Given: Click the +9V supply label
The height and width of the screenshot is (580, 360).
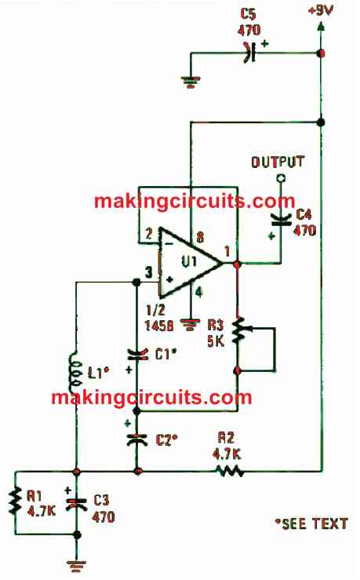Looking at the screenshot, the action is (321, 10).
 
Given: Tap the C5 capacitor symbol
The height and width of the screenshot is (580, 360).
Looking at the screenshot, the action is (250, 53).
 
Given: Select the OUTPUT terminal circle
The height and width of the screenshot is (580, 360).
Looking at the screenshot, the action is (281, 179).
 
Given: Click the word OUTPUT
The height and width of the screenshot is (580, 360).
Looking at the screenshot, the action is (278, 162).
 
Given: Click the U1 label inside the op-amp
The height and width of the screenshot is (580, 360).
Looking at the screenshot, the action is (189, 262).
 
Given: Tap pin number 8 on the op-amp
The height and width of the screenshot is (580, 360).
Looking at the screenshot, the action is (200, 237).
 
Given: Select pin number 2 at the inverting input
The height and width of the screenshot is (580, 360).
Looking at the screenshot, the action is (148, 234).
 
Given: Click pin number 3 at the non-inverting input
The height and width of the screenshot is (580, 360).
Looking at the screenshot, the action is (148, 272).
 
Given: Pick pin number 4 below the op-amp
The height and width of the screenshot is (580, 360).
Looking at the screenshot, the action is (199, 292).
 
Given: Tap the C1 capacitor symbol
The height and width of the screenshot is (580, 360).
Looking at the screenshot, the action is (137, 355).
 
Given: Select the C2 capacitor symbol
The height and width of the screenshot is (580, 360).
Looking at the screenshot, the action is (137, 439).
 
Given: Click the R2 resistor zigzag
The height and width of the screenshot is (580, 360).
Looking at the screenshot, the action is (229, 471).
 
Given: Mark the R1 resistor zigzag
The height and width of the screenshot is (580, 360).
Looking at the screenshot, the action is (15, 501).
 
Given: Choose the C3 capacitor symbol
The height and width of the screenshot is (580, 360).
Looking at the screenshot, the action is (77, 504).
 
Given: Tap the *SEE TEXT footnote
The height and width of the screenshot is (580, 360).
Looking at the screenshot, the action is (311, 523).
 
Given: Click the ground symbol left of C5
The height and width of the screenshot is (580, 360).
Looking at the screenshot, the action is (191, 82).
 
